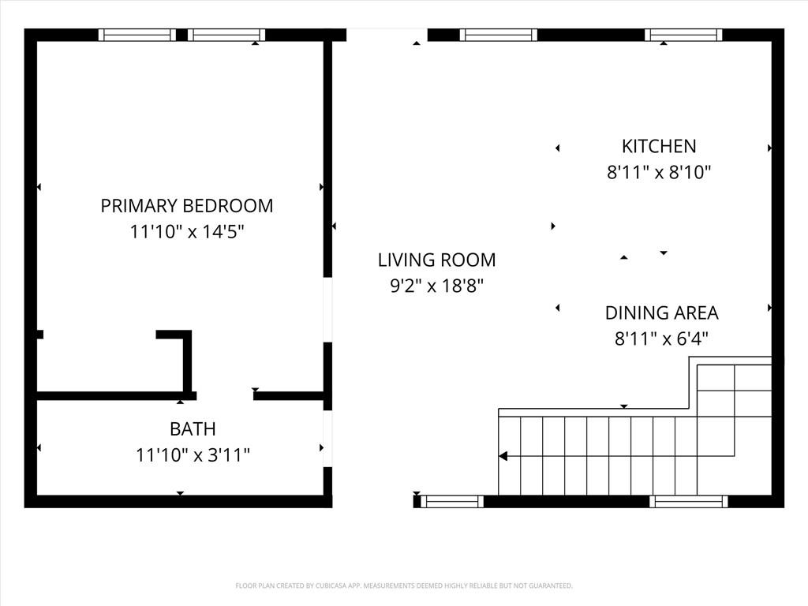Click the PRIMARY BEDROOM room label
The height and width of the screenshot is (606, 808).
[186, 206]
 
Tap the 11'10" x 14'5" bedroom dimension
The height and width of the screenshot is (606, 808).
[186, 231]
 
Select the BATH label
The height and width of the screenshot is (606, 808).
[193, 428]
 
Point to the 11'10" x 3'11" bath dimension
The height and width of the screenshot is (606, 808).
[193, 455]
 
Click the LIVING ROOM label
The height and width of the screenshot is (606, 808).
[437, 260]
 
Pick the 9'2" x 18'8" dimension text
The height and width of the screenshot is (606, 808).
[437, 286]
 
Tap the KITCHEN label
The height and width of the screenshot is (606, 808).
[659, 146]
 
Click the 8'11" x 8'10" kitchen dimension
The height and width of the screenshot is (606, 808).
[659, 172]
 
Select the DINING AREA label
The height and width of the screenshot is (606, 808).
[662, 312]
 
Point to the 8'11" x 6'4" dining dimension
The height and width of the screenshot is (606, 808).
[662, 339]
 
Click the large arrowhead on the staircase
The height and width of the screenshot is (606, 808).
[503, 456]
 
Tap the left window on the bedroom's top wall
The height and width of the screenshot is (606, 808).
[137, 35]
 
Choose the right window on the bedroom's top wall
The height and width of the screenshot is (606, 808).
[226, 35]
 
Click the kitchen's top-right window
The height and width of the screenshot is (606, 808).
[683, 35]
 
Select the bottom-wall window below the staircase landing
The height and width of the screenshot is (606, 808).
[688, 501]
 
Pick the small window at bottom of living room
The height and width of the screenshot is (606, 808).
[452, 501]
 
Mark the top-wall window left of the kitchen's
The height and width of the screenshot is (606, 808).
[499, 35]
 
